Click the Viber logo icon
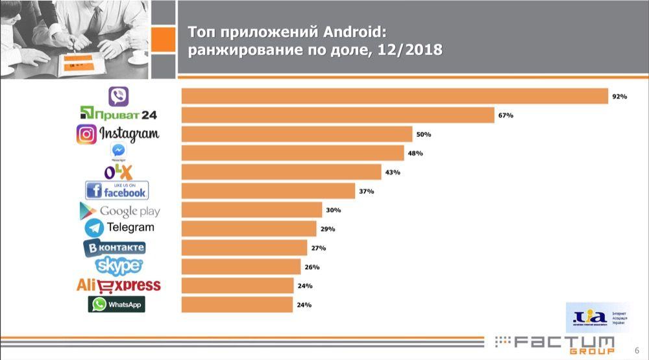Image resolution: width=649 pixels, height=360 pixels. click(x=118, y=97)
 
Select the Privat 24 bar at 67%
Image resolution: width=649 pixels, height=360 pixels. click(x=337, y=115)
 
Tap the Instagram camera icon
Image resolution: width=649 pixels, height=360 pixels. click(x=86, y=134)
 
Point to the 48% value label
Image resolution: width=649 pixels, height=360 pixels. click(x=415, y=153)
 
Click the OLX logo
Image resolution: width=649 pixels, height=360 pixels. click(x=118, y=172)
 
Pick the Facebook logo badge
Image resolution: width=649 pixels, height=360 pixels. click(x=117, y=191)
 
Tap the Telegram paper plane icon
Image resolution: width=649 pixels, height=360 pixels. click(x=94, y=228)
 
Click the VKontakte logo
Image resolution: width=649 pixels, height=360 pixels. click(x=114, y=248)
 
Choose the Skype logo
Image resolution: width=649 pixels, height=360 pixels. click(x=119, y=266)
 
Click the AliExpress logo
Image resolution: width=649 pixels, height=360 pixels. click(x=118, y=285)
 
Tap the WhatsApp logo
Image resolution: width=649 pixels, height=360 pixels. click(x=117, y=304)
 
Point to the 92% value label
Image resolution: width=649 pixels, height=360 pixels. click(x=618, y=97)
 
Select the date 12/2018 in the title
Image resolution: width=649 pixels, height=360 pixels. click(x=409, y=50)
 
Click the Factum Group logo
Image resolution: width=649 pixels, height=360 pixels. click(x=555, y=344)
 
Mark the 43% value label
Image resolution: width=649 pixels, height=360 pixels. click(x=392, y=173)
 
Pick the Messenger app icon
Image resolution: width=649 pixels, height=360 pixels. click(x=118, y=150)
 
